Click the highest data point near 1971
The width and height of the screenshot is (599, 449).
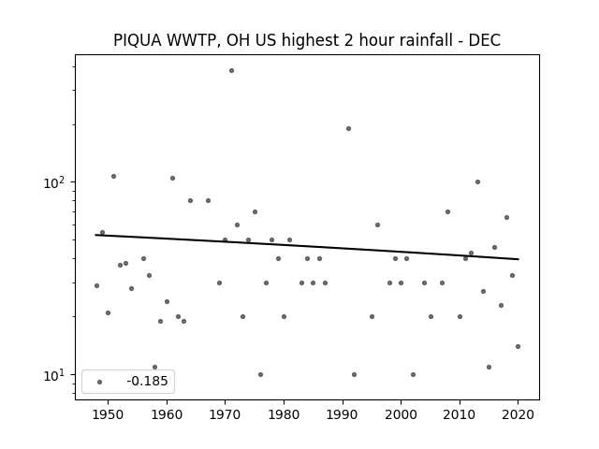[x=231, y=71]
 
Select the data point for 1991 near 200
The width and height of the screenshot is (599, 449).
[x=348, y=129]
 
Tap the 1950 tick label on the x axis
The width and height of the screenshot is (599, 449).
[x=109, y=414]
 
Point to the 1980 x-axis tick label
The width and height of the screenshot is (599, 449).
[x=284, y=414]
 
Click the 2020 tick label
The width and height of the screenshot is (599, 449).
[x=518, y=414]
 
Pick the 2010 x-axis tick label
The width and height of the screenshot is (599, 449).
[x=460, y=414]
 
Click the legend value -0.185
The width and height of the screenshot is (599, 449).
[x=147, y=381]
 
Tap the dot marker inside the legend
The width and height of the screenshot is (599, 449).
[x=100, y=382]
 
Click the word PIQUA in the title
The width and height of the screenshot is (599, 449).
[x=138, y=40]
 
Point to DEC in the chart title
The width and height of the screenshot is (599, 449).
[x=485, y=40]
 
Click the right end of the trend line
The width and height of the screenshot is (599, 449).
[x=519, y=259]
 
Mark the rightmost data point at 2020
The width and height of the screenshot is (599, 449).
[x=518, y=347]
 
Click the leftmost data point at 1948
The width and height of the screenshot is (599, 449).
[x=96, y=285]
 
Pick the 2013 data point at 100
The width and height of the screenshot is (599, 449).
[x=477, y=182]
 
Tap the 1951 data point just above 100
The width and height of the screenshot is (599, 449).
[x=113, y=177]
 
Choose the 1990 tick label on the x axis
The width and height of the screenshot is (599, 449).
[x=343, y=414]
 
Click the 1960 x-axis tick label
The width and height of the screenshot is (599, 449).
[x=167, y=414]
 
